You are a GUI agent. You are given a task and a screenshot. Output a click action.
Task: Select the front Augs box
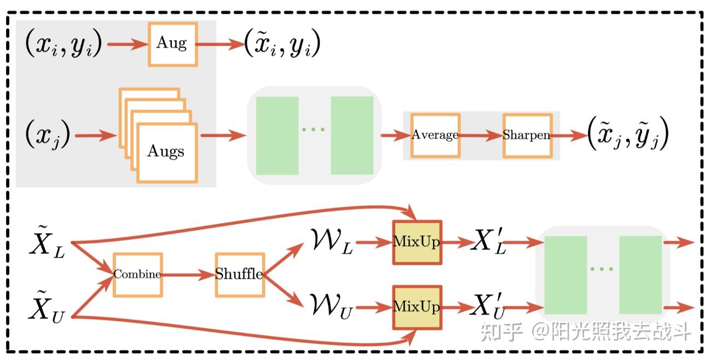[x=166, y=152]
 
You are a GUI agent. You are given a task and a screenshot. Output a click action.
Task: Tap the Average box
[x=435, y=135]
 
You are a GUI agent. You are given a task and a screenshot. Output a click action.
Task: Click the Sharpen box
[x=527, y=135]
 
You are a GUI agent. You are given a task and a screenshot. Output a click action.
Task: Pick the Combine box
[x=137, y=275]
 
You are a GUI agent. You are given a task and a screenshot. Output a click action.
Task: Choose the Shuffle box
[x=239, y=275]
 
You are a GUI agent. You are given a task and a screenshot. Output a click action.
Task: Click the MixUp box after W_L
[x=417, y=242]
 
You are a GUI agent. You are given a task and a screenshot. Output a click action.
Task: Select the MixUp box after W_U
[x=417, y=307]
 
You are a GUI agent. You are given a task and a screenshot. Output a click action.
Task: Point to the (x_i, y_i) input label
[x=64, y=44]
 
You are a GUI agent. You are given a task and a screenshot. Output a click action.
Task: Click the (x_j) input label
[x=48, y=135]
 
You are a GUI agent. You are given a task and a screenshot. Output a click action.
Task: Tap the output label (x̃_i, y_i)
[x=282, y=44]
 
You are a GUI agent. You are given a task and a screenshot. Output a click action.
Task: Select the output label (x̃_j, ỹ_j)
[x=628, y=135]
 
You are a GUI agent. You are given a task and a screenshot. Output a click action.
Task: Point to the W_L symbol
[x=332, y=242]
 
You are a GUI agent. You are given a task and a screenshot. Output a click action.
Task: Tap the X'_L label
[x=489, y=242]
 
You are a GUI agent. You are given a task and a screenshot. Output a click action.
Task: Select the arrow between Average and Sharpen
[x=481, y=135]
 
